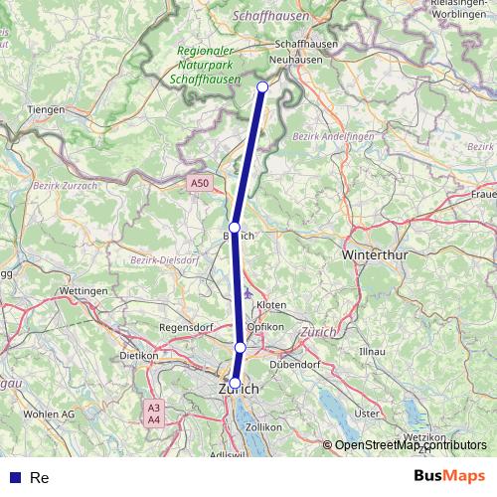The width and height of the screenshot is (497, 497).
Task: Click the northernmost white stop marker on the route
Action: (x=262, y=87)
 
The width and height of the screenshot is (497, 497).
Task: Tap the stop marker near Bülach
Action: (x=235, y=228)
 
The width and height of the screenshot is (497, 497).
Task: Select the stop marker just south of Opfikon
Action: (x=240, y=347)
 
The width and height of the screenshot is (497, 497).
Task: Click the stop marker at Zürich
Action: (x=235, y=382)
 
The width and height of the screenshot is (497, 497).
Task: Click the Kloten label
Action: (x=270, y=304)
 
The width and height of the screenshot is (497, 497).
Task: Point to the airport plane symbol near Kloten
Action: (x=248, y=293)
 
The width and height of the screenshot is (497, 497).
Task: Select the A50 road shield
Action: (x=201, y=183)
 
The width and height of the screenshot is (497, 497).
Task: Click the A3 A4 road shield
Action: (x=153, y=414)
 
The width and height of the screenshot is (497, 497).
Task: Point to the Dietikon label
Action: (x=139, y=355)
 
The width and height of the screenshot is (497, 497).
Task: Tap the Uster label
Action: (x=368, y=413)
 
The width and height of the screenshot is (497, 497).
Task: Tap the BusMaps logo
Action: (x=450, y=476)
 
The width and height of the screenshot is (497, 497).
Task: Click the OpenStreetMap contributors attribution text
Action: (x=411, y=445)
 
